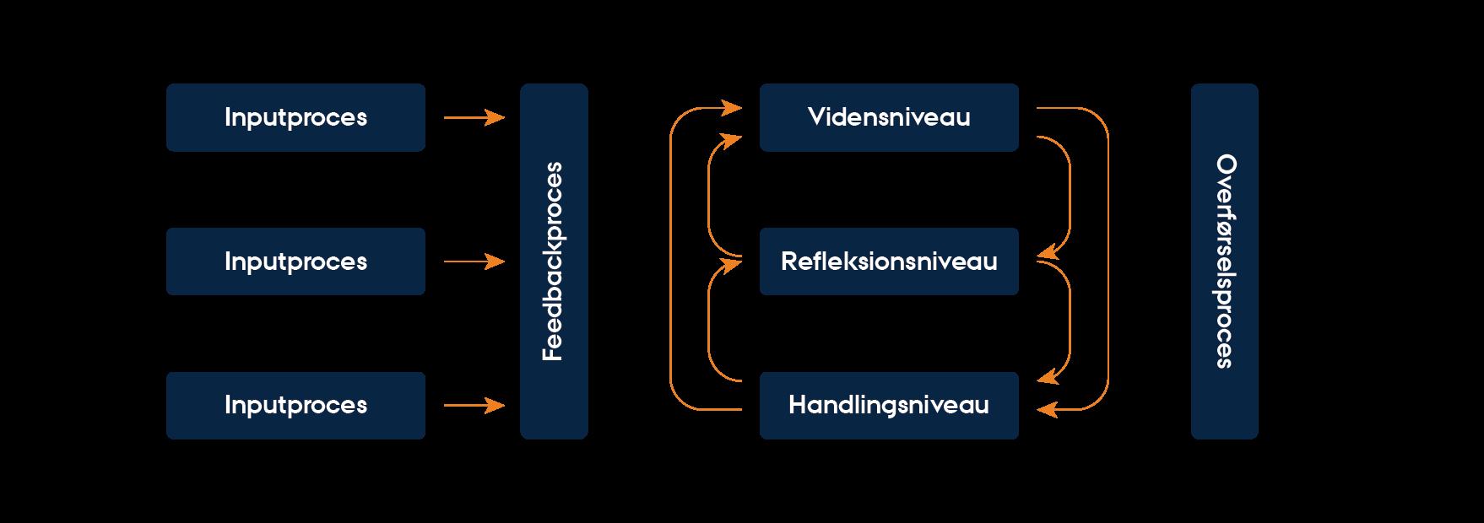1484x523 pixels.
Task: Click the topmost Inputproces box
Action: pos(295,117)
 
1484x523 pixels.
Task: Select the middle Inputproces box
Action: pos(295,261)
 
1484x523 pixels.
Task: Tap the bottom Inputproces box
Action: pos(295,406)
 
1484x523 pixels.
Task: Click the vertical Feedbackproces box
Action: pos(554,261)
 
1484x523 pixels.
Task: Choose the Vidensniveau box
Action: pos(889,117)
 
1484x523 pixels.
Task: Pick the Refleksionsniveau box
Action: pos(889,261)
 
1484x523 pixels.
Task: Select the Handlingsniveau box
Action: pos(889,406)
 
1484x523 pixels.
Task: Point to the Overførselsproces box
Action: pos(1224,261)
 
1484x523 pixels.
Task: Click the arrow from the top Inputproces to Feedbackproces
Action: pos(474,118)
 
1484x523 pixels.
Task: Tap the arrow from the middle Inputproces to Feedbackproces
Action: pos(474,262)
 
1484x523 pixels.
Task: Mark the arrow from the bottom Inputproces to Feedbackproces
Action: pos(474,407)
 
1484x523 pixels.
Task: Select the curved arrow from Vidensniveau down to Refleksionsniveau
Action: pos(1070,194)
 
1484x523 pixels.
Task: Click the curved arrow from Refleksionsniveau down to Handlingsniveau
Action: pos(1070,321)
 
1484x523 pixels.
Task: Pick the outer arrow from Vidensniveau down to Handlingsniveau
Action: pos(1108,261)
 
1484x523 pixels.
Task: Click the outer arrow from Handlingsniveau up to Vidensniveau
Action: pos(670,261)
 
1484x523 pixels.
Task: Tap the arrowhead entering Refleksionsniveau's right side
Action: pos(1045,252)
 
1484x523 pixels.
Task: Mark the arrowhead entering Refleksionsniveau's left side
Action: pos(733,264)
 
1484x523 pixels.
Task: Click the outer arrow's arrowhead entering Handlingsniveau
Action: pos(1046,409)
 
